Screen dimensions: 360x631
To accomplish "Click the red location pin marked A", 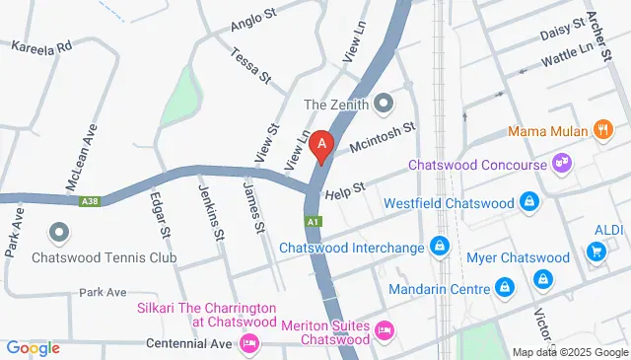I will [x=320, y=146].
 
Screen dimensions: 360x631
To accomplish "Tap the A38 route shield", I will [x=89, y=201].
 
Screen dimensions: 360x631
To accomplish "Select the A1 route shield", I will [x=314, y=222].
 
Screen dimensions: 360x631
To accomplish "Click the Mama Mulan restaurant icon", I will [x=601, y=130].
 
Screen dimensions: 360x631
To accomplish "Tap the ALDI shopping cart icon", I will [x=596, y=252].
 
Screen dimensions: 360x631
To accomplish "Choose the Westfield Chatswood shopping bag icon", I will [x=530, y=203].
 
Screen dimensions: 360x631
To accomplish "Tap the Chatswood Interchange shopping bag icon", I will [x=441, y=247].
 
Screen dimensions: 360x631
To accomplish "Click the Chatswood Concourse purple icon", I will [x=562, y=161].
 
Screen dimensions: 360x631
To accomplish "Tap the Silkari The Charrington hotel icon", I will [x=248, y=343].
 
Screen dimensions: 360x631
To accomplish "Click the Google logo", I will [x=33, y=347].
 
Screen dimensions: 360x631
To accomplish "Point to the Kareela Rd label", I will [x=42, y=46].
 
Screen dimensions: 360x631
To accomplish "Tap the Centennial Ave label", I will [x=187, y=343].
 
